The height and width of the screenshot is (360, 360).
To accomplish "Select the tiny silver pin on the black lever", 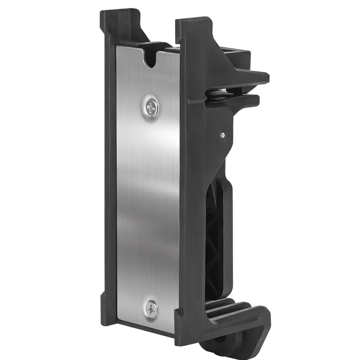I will (x=222, y=135).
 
